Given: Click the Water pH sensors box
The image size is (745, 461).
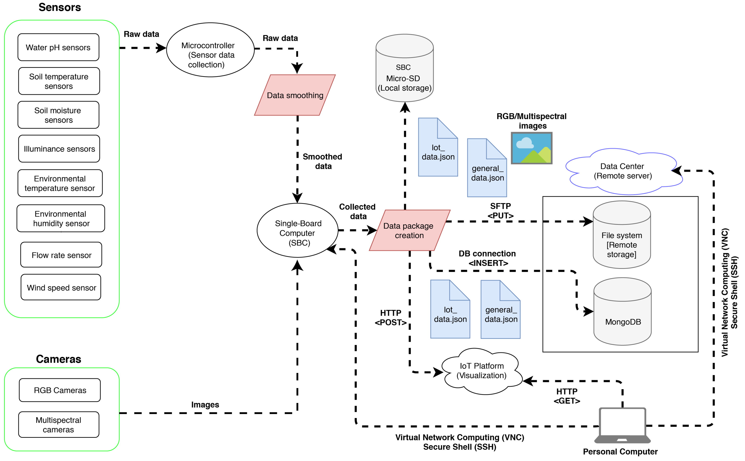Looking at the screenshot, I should point(58,47).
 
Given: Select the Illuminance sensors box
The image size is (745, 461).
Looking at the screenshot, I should point(59,149).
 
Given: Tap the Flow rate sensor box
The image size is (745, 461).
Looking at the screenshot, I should point(61,255).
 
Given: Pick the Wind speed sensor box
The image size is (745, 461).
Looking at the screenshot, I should point(61,288).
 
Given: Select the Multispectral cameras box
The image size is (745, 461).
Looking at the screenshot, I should point(58,425).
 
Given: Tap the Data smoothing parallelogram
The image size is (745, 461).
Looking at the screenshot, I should point(295,95).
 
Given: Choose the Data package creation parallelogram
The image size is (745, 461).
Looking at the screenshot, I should point(409,230).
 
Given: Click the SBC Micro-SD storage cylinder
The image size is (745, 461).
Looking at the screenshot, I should point(404,73).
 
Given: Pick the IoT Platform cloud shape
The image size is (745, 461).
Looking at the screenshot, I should point(482,371).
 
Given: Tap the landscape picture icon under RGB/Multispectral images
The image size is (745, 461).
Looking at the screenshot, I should point(532,148).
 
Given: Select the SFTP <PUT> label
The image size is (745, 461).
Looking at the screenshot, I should point(500,211).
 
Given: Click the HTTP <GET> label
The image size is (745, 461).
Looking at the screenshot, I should point(567,396).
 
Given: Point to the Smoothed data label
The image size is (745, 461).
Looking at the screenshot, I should point(322,161).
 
